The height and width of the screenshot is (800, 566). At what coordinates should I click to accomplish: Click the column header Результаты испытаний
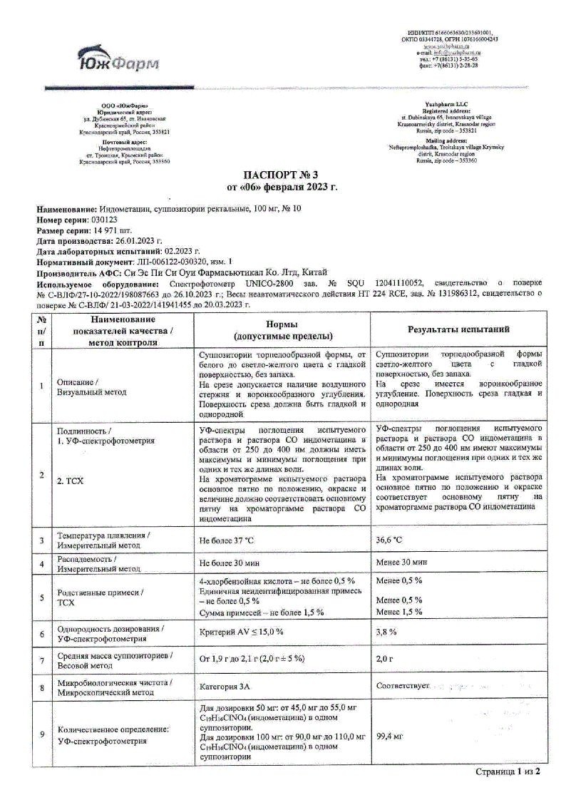pos(463,329)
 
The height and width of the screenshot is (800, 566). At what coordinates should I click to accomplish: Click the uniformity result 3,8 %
pos(386,632)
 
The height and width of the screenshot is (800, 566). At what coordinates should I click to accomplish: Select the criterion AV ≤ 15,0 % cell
pos(242,632)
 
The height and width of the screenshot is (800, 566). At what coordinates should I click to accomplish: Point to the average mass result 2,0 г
pos(385,660)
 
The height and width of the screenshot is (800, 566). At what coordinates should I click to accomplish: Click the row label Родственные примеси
pos(100,592)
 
